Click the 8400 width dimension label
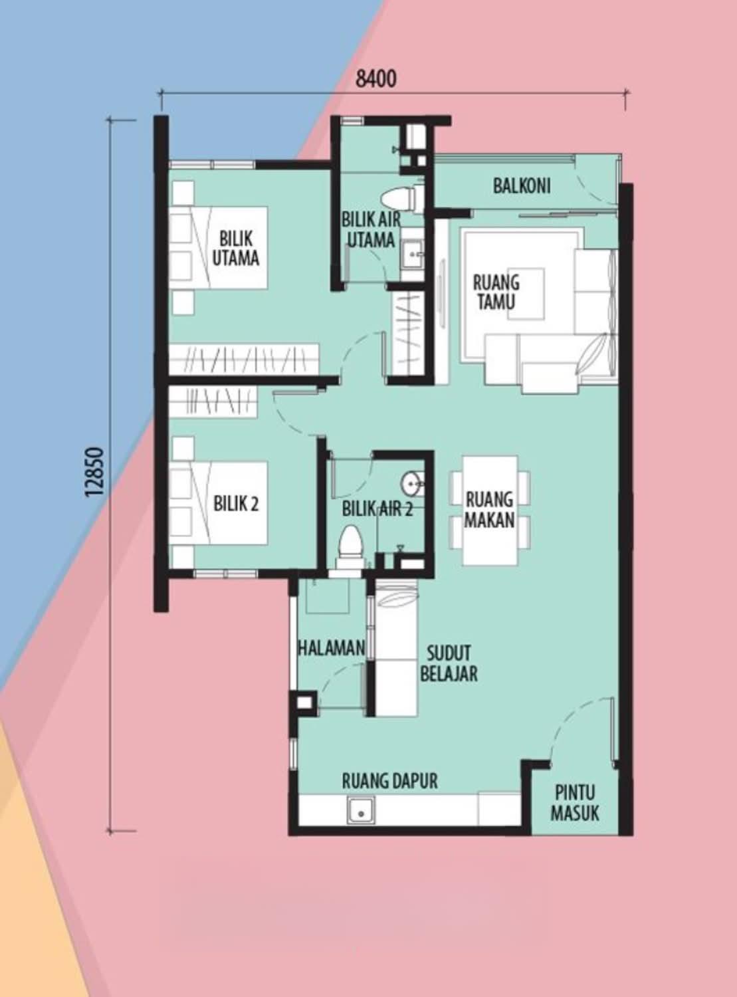pos(375,80)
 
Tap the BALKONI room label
pos(522,185)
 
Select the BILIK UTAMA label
pos(235,248)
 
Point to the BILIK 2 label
pos(236,504)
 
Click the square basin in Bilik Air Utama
pos(412,255)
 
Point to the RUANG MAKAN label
pos(489,510)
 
